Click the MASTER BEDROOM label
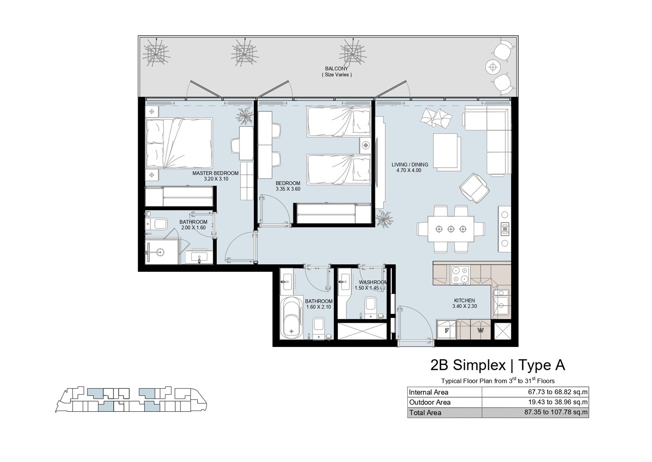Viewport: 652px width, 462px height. (x=216, y=173)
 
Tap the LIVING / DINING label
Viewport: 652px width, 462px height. (x=410, y=165)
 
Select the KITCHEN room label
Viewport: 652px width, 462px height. (x=465, y=300)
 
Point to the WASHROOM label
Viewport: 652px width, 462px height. (x=373, y=282)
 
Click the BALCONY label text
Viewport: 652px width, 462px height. (x=337, y=69)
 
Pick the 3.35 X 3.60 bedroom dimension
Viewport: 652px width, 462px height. (x=288, y=189)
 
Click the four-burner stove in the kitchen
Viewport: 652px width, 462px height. (x=460, y=275)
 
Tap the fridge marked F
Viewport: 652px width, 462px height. (x=447, y=330)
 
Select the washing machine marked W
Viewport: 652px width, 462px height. (x=480, y=330)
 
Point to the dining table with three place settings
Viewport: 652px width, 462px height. (x=451, y=229)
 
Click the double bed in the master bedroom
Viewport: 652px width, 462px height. (x=179, y=143)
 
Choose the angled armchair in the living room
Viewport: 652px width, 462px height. (x=474, y=188)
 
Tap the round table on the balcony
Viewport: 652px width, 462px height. (x=493, y=67)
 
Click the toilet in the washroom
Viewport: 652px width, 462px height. (x=370, y=307)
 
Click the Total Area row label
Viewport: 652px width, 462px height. (x=425, y=413)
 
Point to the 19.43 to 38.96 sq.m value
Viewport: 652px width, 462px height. (x=558, y=402)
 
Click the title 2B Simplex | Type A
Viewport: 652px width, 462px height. (x=498, y=365)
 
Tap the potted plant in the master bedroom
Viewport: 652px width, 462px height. (x=244, y=116)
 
